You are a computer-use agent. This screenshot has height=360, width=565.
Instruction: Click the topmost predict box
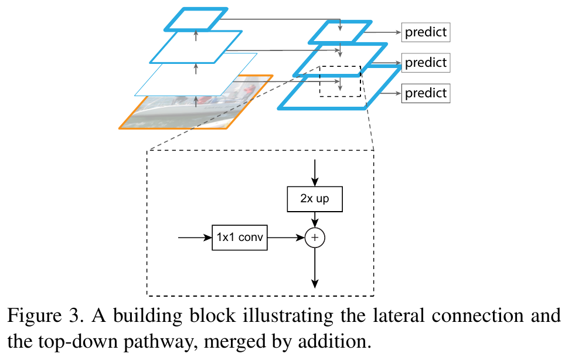(426, 32)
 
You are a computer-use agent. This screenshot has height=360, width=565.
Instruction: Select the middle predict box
(426, 62)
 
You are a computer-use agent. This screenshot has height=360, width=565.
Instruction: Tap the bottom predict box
(426, 93)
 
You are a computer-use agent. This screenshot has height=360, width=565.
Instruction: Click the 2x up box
(315, 199)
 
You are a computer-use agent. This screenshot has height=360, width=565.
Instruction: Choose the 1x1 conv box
(239, 238)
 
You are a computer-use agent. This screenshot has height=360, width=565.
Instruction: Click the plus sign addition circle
(315, 238)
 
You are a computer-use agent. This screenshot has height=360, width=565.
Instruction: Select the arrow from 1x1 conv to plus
(286, 238)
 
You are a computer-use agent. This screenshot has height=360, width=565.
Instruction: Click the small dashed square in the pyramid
(340, 81)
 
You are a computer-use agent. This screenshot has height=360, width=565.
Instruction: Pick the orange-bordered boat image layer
(176, 114)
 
